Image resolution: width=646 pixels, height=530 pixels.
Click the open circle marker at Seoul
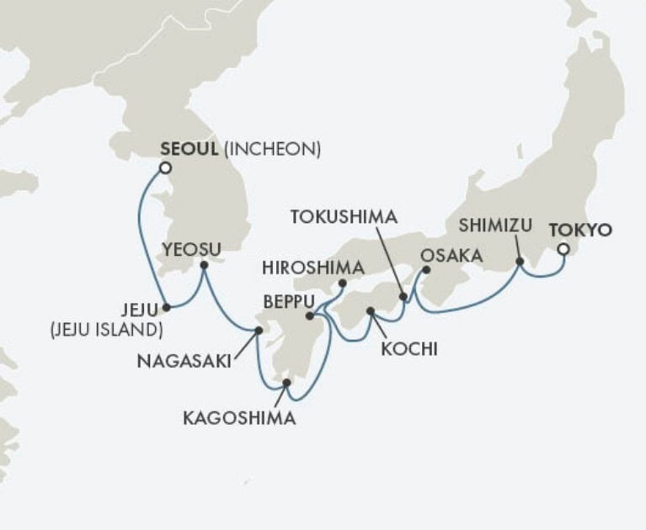pos(165,168)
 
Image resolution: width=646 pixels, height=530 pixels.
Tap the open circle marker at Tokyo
pos(563,248)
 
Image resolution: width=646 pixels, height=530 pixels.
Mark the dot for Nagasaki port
pos(259,331)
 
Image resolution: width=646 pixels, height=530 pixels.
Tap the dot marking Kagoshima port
pos(287,383)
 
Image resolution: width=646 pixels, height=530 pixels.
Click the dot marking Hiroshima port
pos(343,284)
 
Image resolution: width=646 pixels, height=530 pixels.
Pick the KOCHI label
pos(409,348)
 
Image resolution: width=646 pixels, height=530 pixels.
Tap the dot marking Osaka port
pos(425,270)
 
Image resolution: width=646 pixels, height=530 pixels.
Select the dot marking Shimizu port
pos(520,262)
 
